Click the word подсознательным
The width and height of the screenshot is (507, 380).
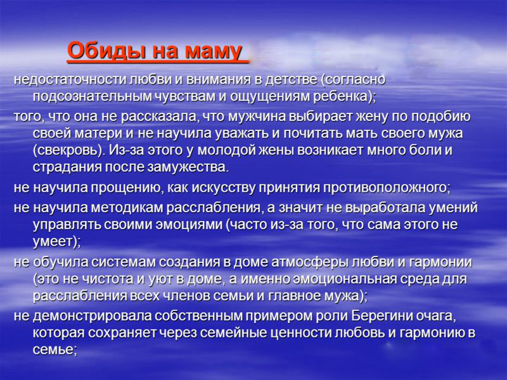[x=92, y=97]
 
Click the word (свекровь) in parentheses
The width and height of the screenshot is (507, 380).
[x=69, y=151]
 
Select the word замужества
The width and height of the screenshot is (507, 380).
[x=188, y=168]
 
